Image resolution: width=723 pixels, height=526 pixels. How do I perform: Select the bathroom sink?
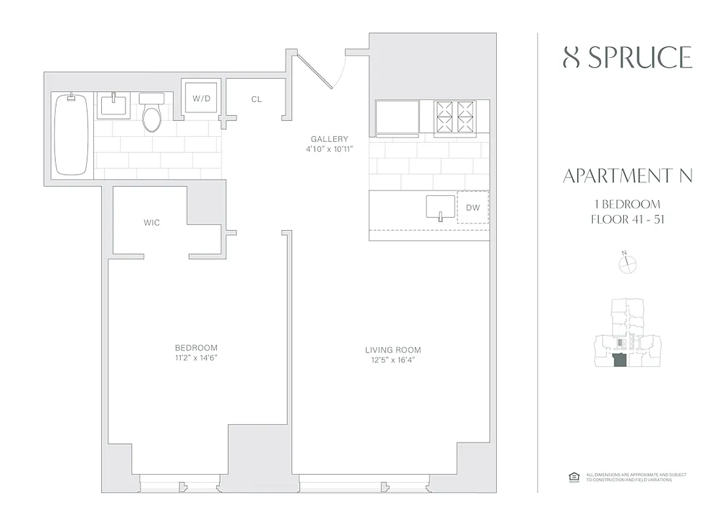pyautogui.click(x=114, y=106)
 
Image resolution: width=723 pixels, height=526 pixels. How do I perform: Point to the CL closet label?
pyautogui.click(x=256, y=99)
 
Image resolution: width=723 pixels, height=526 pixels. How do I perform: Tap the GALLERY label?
pyautogui.click(x=329, y=139)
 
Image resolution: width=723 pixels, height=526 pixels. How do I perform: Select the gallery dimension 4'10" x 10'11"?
pyautogui.click(x=329, y=149)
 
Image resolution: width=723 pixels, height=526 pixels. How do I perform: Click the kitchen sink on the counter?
pyautogui.click(x=440, y=206)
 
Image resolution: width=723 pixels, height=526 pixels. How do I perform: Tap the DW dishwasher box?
pyautogui.click(x=473, y=207)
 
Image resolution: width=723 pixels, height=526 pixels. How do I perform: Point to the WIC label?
pyautogui.click(x=152, y=223)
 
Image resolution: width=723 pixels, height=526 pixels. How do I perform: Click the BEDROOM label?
pyautogui.click(x=196, y=348)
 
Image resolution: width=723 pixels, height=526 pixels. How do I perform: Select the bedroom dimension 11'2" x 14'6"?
pyautogui.click(x=196, y=358)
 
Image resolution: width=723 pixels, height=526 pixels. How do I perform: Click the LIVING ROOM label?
pyautogui.click(x=393, y=350)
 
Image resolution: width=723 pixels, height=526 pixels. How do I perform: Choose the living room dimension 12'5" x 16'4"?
pyautogui.click(x=393, y=360)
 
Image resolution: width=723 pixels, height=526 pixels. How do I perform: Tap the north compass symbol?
pyautogui.click(x=628, y=263)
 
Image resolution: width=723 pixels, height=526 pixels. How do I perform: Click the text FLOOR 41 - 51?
pyautogui.click(x=628, y=219)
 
